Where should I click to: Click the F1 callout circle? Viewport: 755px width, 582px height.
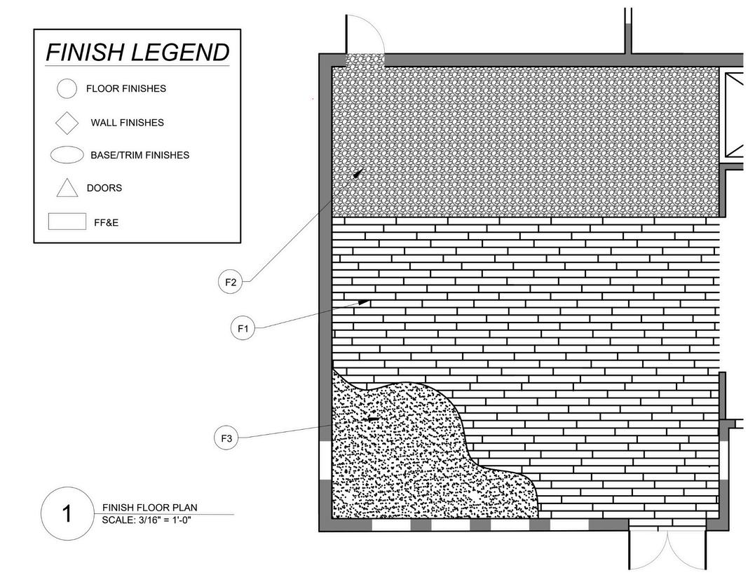(243, 327)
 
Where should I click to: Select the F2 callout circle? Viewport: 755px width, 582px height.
(230, 283)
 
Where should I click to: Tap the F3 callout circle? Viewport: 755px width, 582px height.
(226, 439)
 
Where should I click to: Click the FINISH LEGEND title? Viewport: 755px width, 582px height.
(137, 52)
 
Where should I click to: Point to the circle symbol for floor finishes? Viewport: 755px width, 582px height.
(67, 89)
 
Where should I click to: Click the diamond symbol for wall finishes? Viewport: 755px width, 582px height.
(67, 123)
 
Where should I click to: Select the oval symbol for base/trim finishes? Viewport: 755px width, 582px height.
(67, 155)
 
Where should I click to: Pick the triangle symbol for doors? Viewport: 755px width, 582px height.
(67, 188)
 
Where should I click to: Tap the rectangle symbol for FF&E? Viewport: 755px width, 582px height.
(67, 222)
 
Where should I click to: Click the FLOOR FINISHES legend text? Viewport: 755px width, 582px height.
(126, 89)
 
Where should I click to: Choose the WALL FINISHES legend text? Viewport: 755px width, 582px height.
(127, 123)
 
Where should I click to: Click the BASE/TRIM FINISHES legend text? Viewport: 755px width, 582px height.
(140, 155)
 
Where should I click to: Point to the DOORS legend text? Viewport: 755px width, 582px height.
(104, 188)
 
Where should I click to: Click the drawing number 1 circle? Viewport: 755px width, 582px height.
(67, 514)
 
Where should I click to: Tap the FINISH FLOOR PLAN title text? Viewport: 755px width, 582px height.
(150, 508)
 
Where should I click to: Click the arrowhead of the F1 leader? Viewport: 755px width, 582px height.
(367, 302)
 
